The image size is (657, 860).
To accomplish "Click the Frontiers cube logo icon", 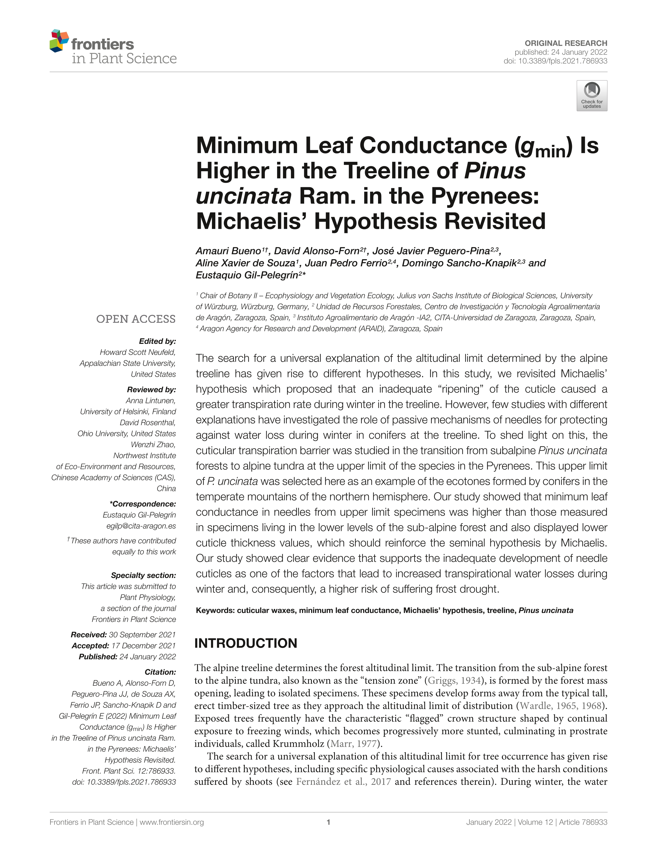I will click(x=59, y=41).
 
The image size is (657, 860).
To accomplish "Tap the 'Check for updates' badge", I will click(x=591, y=96).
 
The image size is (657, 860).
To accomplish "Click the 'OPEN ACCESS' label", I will click(x=136, y=319).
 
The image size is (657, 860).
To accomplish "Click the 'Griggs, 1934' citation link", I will click(x=454, y=680).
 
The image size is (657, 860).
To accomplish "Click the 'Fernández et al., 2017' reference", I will click(x=343, y=782).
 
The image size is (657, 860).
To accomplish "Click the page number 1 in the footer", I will click(x=328, y=822).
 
